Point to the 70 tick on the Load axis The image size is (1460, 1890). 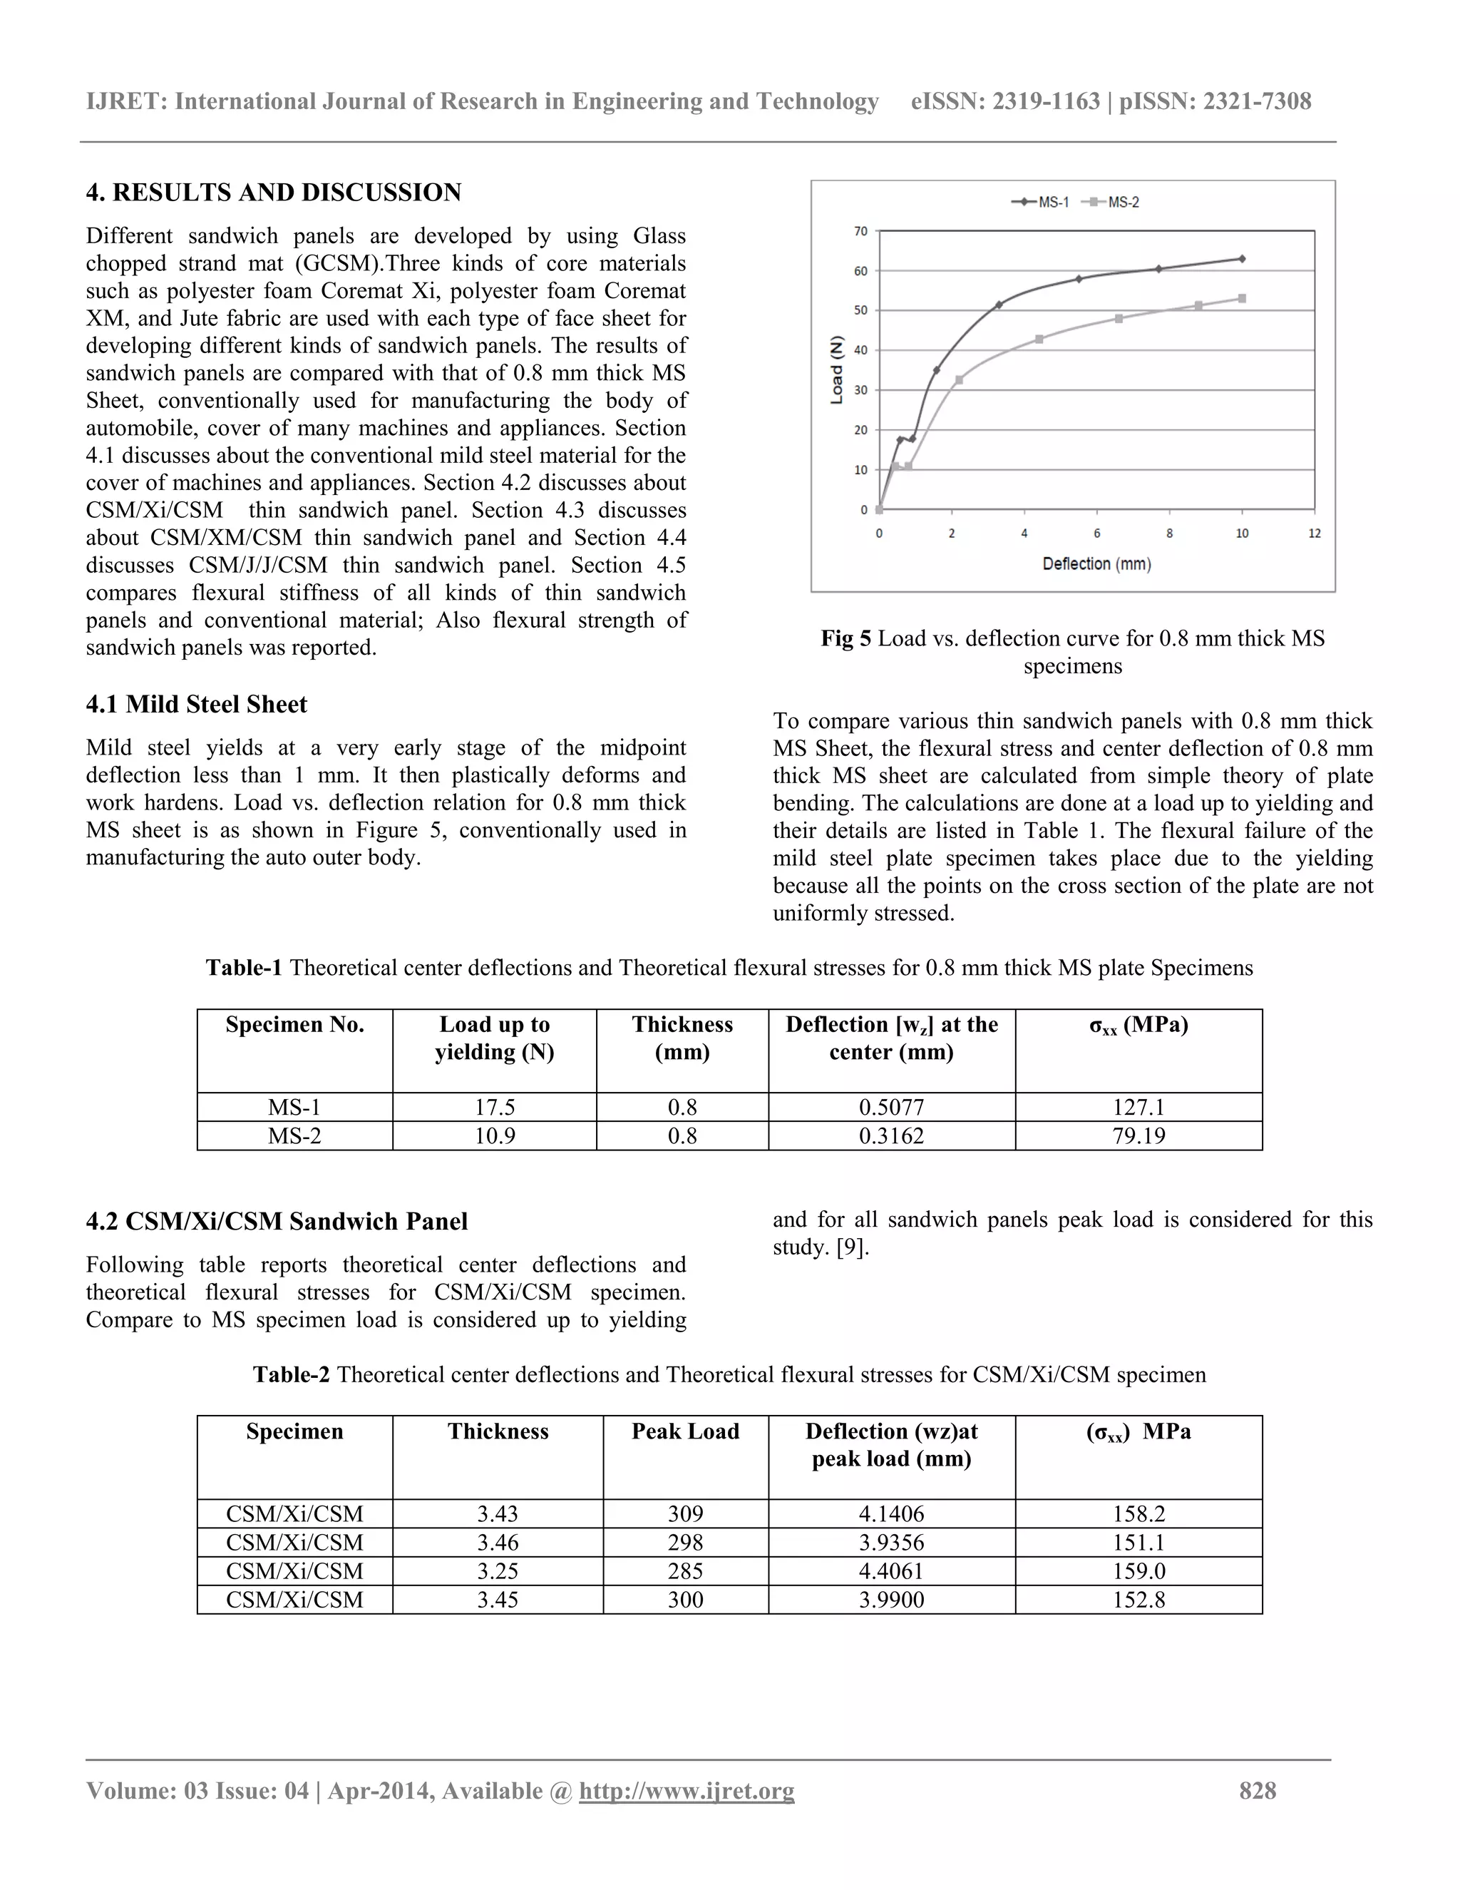(860, 231)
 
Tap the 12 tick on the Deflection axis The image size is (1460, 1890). (1314, 534)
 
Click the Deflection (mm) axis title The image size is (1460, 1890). (1096, 564)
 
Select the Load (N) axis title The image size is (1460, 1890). (836, 369)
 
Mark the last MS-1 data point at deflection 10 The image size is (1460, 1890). (1242, 259)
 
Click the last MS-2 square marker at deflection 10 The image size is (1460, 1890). (1242, 299)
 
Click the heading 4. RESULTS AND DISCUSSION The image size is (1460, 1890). (273, 192)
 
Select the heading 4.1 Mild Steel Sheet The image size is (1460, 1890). (196, 705)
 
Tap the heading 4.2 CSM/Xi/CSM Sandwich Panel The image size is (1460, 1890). (277, 1221)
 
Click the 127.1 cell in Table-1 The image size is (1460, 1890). (1138, 1108)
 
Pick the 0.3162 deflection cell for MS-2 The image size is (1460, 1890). (891, 1136)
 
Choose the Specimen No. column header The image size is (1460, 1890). (294, 1025)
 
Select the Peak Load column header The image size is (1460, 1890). (685, 1431)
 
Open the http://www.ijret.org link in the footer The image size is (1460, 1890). (686, 1792)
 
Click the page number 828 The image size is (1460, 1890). (1257, 1792)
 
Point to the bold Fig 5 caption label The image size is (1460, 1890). (846, 638)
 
